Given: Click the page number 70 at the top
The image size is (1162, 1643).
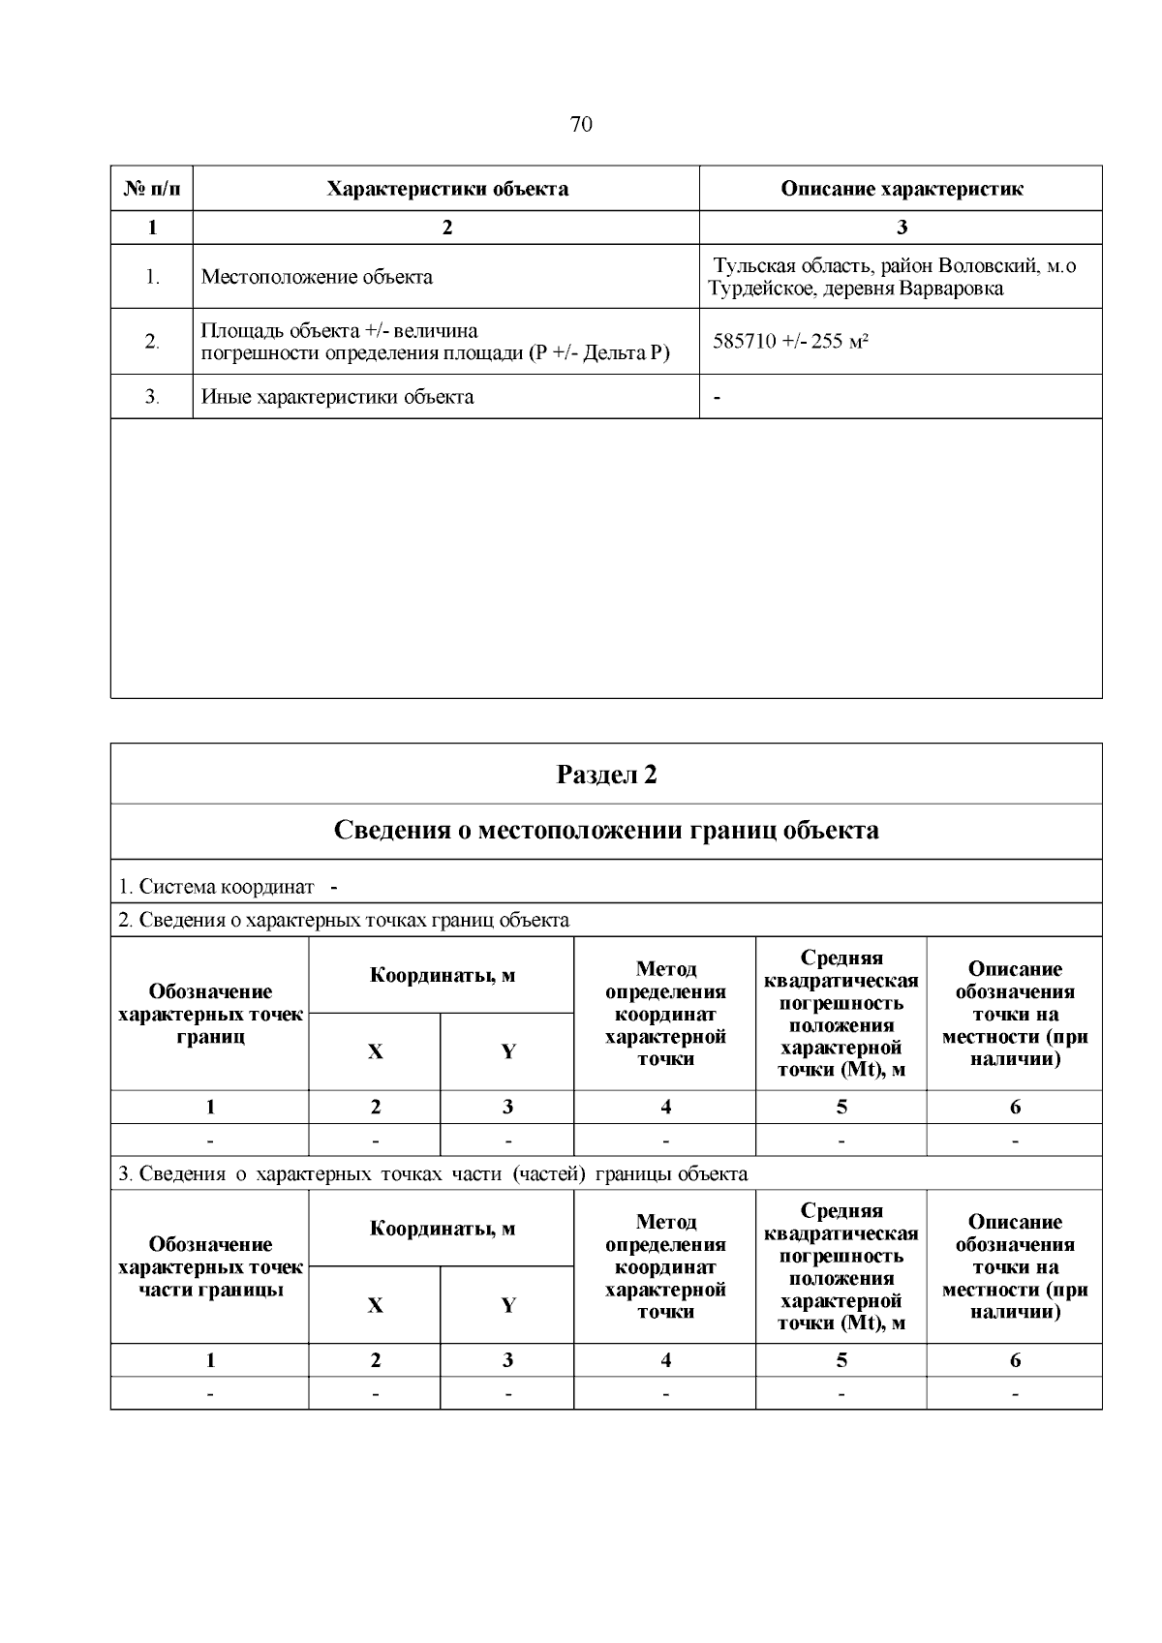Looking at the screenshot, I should tap(581, 124).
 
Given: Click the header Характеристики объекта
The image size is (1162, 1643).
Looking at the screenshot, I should tap(446, 189).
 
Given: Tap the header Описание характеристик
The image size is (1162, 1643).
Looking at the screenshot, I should tap(902, 189).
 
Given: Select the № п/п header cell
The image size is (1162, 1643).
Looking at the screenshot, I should tap(152, 189).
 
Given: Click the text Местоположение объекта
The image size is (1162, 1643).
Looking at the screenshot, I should tap(317, 277).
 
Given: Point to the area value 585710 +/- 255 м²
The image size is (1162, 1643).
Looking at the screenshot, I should tap(790, 341).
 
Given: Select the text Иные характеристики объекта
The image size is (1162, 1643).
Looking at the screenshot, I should tap(337, 397).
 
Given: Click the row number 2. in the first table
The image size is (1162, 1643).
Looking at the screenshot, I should tap(152, 342).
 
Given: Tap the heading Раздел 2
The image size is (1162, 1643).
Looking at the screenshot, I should tap(606, 775).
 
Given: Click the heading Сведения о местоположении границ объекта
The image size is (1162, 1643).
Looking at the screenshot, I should tap(606, 831).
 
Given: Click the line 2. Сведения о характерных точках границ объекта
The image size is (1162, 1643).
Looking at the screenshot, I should tap(344, 920).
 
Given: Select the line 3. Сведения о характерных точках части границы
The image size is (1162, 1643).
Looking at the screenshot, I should tap(433, 1173).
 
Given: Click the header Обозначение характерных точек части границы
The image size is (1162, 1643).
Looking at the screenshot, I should tap(210, 1267).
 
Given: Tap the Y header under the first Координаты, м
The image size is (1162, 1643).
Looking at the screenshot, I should tap(507, 1052).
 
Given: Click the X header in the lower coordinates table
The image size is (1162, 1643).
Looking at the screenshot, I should tap(375, 1305).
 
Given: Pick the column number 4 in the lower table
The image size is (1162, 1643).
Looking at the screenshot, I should tap(665, 1360).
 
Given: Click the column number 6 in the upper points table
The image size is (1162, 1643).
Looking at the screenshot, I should tap(1015, 1108).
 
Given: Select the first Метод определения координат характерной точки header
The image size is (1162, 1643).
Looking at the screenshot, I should tap(665, 1014).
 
